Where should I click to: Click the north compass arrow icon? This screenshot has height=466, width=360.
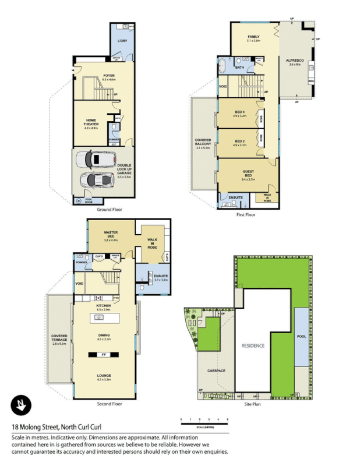click(21, 405)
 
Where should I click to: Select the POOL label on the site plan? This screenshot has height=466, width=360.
click(301, 337)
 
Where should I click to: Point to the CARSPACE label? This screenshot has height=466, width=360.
click(209, 370)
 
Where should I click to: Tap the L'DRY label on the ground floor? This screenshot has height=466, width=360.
click(122, 41)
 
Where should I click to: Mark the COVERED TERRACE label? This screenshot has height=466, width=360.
click(59, 338)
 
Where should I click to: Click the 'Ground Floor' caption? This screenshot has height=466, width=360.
click(110, 209)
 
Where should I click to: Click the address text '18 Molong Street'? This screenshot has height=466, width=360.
click(36, 427)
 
